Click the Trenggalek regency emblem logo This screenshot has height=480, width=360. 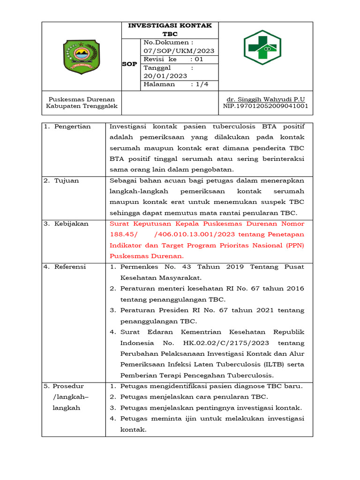coord(82,56)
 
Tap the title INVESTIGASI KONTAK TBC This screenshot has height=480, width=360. coord(170,30)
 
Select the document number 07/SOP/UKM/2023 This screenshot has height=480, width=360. coord(179,51)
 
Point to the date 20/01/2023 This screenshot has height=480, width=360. coord(165,76)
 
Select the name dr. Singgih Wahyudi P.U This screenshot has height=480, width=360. coord(265,99)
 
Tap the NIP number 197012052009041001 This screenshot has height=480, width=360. coord(265,106)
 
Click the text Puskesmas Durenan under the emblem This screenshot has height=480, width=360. coord(82,99)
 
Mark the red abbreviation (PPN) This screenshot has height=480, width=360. coord(295,245)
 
